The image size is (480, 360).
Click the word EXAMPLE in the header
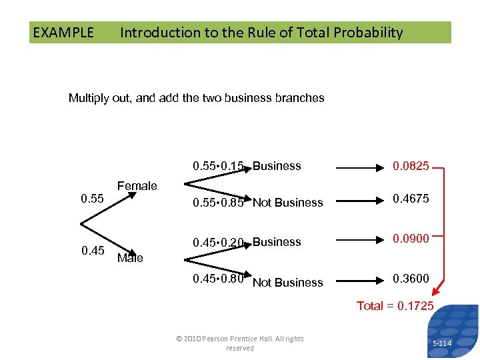(x=63, y=32)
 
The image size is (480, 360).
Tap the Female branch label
(x=137, y=186)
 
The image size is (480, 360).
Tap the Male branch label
(x=129, y=258)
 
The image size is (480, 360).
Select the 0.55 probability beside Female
(x=92, y=199)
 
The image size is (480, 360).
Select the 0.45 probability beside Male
(x=92, y=251)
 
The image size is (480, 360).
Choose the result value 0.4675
(x=411, y=199)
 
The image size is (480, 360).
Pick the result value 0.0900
(x=411, y=239)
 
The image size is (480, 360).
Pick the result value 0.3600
(x=411, y=279)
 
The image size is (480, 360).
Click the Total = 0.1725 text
(x=395, y=306)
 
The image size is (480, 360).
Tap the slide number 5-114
(x=441, y=343)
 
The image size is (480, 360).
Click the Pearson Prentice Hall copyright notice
(x=239, y=343)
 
